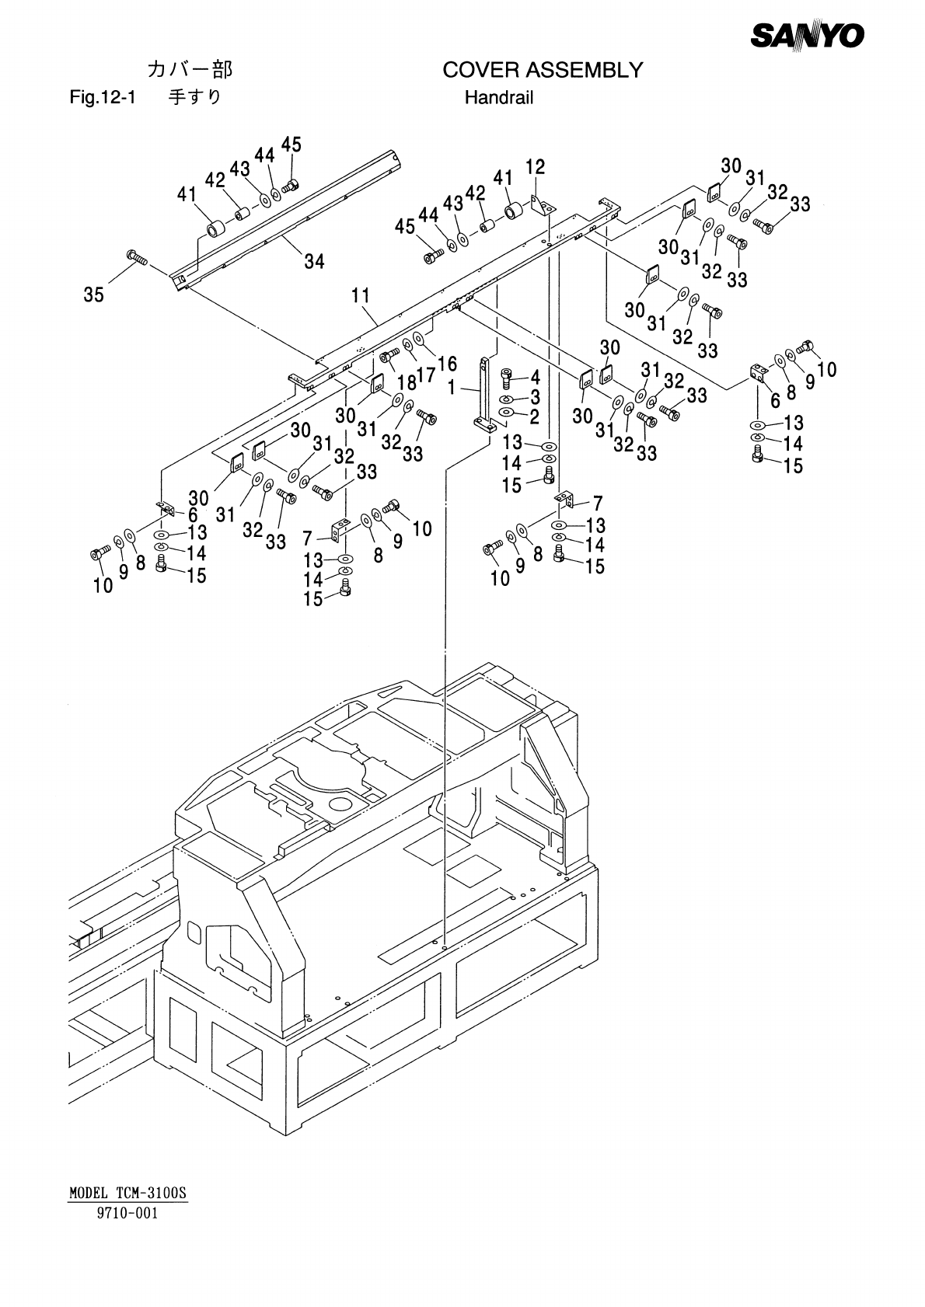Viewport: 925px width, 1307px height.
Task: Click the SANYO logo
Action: [807, 37]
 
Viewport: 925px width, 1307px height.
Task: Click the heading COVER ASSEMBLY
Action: [543, 70]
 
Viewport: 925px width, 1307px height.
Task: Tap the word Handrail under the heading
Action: [499, 97]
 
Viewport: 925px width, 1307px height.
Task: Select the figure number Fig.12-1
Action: [103, 97]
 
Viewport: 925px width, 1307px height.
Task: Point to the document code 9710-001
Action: [127, 1213]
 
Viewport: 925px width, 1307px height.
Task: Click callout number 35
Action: [93, 295]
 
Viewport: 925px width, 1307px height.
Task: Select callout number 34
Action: [314, 261]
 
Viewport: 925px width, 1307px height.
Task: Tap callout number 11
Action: [361, 296]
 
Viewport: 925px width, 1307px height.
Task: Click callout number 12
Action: [535, 167]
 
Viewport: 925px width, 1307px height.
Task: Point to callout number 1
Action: [451, 388]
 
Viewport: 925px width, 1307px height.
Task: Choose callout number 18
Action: [407, 382]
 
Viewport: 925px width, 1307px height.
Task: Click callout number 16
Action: [447, 364]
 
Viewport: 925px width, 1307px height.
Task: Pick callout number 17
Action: [427, 375]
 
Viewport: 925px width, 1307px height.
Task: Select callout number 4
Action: [535, 377]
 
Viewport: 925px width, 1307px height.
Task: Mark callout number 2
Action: [535, 416]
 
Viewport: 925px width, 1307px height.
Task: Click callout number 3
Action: [535, 397]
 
